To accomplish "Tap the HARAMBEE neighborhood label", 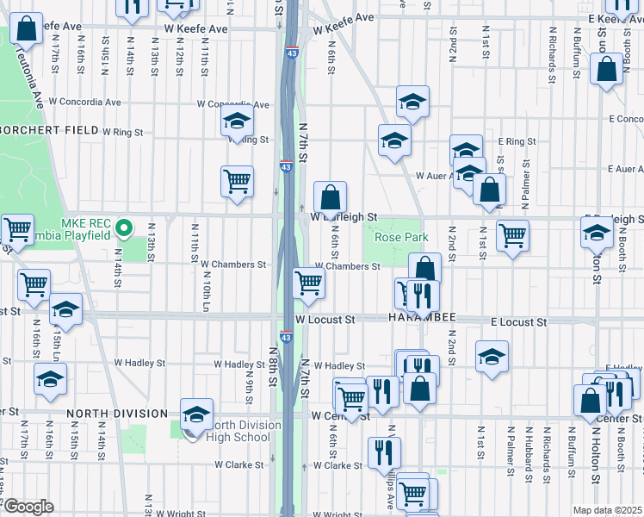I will coord(420,319).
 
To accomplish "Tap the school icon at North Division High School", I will coord(196,414).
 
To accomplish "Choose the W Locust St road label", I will coord(325,320).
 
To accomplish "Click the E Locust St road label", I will coord(519,321).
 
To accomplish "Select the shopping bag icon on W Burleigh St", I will coord(329,197).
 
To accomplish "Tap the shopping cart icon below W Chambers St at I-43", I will coord(308,282).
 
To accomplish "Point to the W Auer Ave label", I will coord(435,176).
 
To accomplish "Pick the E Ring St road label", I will coord(517,141).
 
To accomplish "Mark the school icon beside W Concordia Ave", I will coord(237,123).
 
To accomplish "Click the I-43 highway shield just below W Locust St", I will coord(285,337).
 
